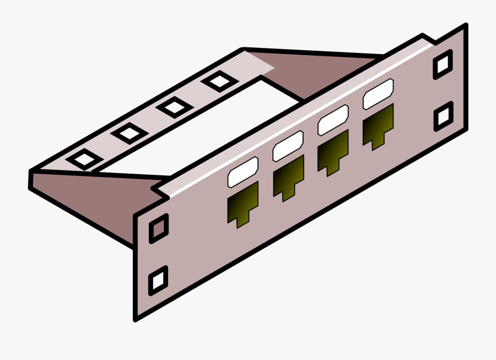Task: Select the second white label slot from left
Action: click(288, 146)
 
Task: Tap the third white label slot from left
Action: click(333, 119)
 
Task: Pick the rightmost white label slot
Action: click(378, 93)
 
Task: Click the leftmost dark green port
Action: click(243, 203)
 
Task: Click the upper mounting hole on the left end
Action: click(159, 228)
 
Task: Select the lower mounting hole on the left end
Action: click(159, 280)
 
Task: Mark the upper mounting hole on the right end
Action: click(443, 65)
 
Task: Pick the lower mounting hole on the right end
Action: click(443, 116)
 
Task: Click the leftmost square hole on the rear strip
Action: click(84, 159)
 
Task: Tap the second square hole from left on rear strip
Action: click(129, 132)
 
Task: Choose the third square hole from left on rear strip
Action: click(174, 106)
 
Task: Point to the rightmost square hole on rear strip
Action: click(219, 82)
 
